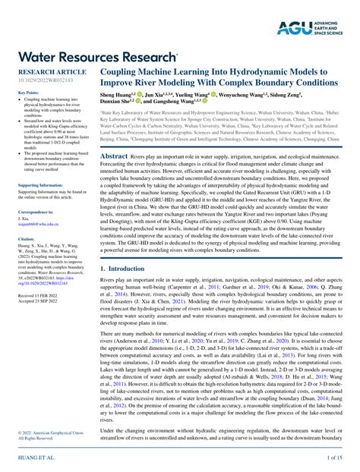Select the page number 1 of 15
coord(334,459)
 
